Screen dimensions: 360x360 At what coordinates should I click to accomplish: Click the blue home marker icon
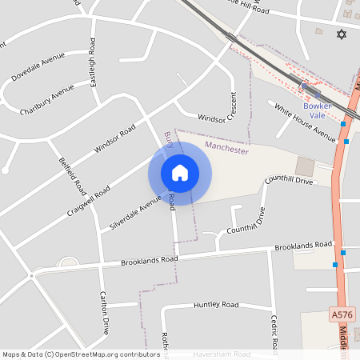tap(180, 173)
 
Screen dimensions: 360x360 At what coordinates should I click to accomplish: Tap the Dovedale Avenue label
tap(38, 68)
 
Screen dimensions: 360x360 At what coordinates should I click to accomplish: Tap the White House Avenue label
tap(305, 122)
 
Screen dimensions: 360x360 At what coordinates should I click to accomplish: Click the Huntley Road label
tap(216, 305)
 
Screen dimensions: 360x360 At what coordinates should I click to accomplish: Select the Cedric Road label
tap(274, 331)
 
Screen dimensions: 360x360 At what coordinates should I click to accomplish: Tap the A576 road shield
tap(342, 317)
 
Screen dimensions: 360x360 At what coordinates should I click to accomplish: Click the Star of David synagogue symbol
tap(342, 35)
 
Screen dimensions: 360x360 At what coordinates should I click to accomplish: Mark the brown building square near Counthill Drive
tap(305, 166)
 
